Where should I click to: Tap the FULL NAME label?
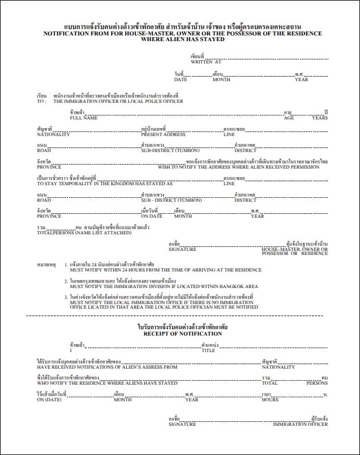click(83, 118)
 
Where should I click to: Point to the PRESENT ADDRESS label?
click(163, 134)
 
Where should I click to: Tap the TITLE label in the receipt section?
click(208, 350)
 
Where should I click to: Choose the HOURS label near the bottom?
click(270, 400)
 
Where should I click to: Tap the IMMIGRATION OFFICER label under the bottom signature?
click(301, 424)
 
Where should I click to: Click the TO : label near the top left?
click(41, 101)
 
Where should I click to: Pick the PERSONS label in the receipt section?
click(317, 383)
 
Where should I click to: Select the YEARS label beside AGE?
click(320, 118)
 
